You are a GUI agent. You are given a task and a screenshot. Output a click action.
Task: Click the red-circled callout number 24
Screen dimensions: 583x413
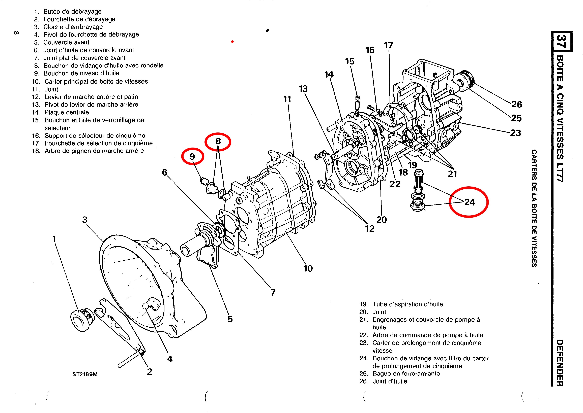pyautogui.click(x=470, y=202)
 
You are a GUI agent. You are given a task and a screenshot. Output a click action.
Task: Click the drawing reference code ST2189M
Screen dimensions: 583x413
pyautogui.click(x=85, y=374)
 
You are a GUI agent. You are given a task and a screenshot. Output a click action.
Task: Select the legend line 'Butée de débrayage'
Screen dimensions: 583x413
pyautogui.click(x=72, y=11)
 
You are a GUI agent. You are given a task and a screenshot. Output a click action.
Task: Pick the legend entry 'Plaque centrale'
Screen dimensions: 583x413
pyautogui.click(x=67, y=112)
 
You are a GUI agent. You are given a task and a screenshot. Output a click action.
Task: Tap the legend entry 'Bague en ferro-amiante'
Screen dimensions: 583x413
pyautogui.click(x=406, y=374)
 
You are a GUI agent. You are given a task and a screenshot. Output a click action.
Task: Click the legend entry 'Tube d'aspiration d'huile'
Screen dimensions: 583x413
pyautogui.click(x=408, y=304)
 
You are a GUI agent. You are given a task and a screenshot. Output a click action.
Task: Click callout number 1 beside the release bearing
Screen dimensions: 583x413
pyautogui.click(x=54, y=239)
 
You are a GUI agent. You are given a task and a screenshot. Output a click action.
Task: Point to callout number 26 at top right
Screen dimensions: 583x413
pyautogui.click(x=517, y=104)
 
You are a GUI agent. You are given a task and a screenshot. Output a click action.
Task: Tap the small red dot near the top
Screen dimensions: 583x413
pyautogui.click(x=232, y=42)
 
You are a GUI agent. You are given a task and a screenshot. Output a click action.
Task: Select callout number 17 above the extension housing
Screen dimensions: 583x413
pyautogui.click(x=389, y=45)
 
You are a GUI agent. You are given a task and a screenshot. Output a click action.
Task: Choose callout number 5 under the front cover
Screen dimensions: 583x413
pyautogui.click(x=230, y=319)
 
